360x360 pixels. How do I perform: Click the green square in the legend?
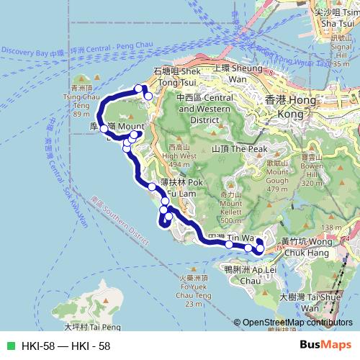[x=10, y=346]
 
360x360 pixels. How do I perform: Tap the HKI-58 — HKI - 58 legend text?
[x=66, y=346]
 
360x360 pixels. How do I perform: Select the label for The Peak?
[x=230, y=148]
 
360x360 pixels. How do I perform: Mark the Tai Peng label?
[x=82, y=326]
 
